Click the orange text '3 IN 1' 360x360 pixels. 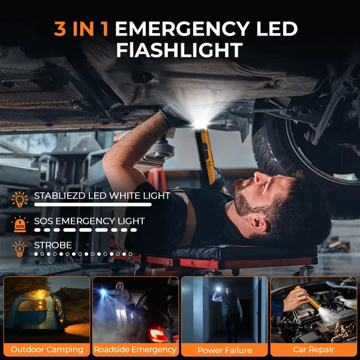(x=82, y=29)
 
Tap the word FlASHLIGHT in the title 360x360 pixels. (x=179, y=50)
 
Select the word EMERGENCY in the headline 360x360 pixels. (x=182, y=29)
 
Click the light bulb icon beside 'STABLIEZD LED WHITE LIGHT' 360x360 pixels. (x=20, y=199)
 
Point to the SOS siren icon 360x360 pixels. (x=20, y=224)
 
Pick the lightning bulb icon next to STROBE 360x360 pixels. (x=20, y=249)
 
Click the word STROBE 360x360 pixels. (x=53, y=245)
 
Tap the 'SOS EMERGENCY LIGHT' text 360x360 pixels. (x=89, y=221)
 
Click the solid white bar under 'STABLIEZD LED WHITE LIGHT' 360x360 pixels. (x=93, y=205)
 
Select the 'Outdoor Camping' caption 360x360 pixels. (x=47, y=349)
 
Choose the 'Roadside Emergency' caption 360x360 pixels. (x=135, y=349)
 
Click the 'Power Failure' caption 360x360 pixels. (x=224, y=350)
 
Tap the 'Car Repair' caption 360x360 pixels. (x=313, y=349)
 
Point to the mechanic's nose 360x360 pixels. (x=259, y=178)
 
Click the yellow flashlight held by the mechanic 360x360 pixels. (x=206, y=156)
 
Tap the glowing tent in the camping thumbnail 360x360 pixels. (x=35, y=309)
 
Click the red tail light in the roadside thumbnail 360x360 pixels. (x=158, y=334)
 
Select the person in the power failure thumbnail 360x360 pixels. (x=227, y=312)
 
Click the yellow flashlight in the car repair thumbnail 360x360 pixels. (x=308, y=298)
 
